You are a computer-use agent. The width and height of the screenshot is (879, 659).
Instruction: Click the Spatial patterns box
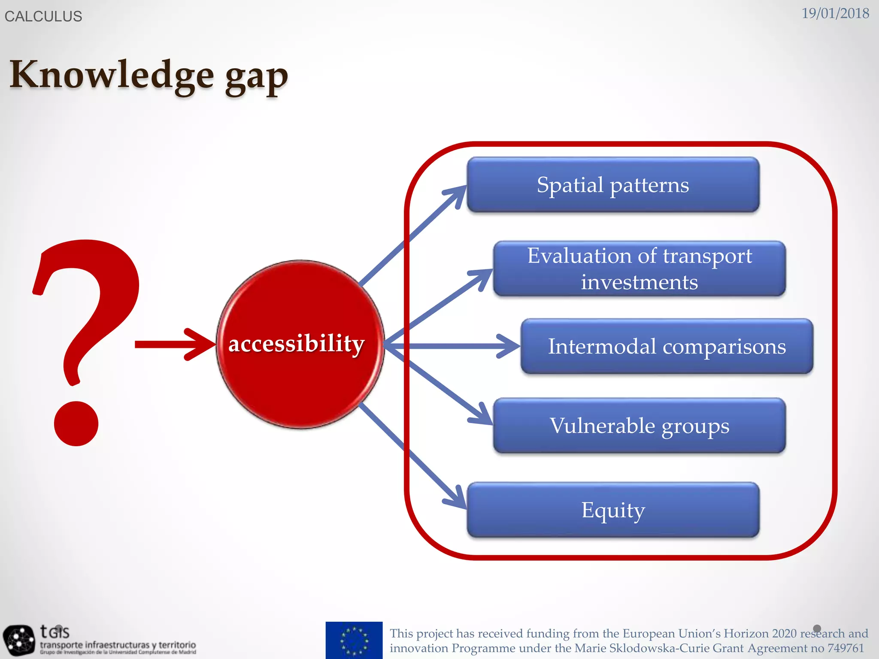(x=613, y=185)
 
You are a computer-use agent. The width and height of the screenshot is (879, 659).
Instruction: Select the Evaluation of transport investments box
(x=640, y=269)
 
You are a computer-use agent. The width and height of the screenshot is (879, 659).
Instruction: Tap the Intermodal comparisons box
(x=667, y=346)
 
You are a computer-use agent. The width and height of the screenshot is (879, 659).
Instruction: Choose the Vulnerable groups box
(x=640, y=426)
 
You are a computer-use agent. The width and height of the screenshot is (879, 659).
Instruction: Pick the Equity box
(x=613, y=510)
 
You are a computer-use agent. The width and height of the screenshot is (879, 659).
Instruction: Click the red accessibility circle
(x=300, y=344)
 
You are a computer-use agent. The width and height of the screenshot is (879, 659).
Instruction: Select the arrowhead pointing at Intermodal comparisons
(x=509, y=346)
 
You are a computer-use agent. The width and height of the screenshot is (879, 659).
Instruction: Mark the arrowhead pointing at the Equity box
(x=457, y=499)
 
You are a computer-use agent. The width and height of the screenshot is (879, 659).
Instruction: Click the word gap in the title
(x=257, y=77)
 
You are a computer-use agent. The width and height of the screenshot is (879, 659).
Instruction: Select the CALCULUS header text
(x=43, y=16)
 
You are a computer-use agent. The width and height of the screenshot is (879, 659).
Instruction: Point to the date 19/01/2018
(x=835, y=13)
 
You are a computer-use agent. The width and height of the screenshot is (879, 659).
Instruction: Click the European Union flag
(x=354, y=640)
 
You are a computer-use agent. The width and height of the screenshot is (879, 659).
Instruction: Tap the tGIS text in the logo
(x=55, y=632)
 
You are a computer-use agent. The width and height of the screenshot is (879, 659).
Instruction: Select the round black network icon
(x=18, y=640)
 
